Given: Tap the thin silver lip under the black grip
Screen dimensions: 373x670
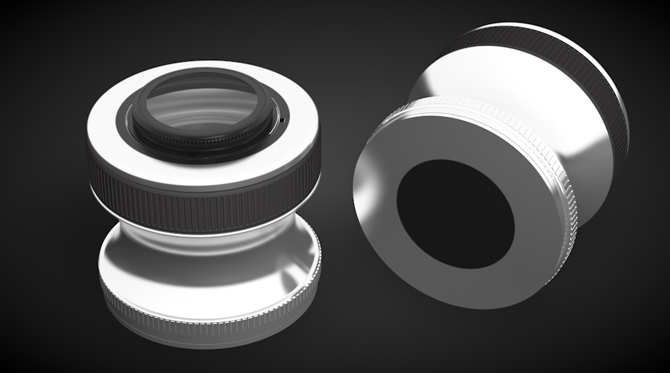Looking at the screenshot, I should [x=200, y=231].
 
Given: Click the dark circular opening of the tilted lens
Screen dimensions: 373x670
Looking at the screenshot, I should [x=454, y=214].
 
